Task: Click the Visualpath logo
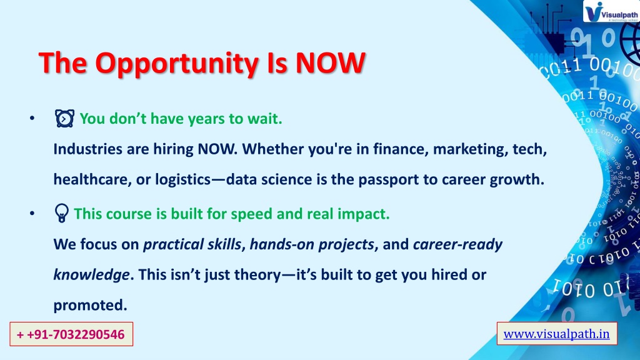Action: click(x=611, y=11)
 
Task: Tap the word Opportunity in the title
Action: click(x=177, y=64)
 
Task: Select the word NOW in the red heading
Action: click(x=330, y=63)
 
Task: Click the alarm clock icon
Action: click(x=64, y=118)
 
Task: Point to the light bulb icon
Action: click(x=62, y=213)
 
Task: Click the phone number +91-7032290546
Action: click(x=71, y=334)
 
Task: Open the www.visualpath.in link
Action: click(x=556, y=334)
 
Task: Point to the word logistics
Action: click(x=183, y=179)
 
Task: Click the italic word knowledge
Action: click(x=91, y=275)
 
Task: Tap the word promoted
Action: click(x=90, y=305)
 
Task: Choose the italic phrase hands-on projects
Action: click(x=312, y=244)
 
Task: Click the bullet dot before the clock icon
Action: click(x=32, y=118)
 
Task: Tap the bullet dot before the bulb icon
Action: click(x=32, y=213)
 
